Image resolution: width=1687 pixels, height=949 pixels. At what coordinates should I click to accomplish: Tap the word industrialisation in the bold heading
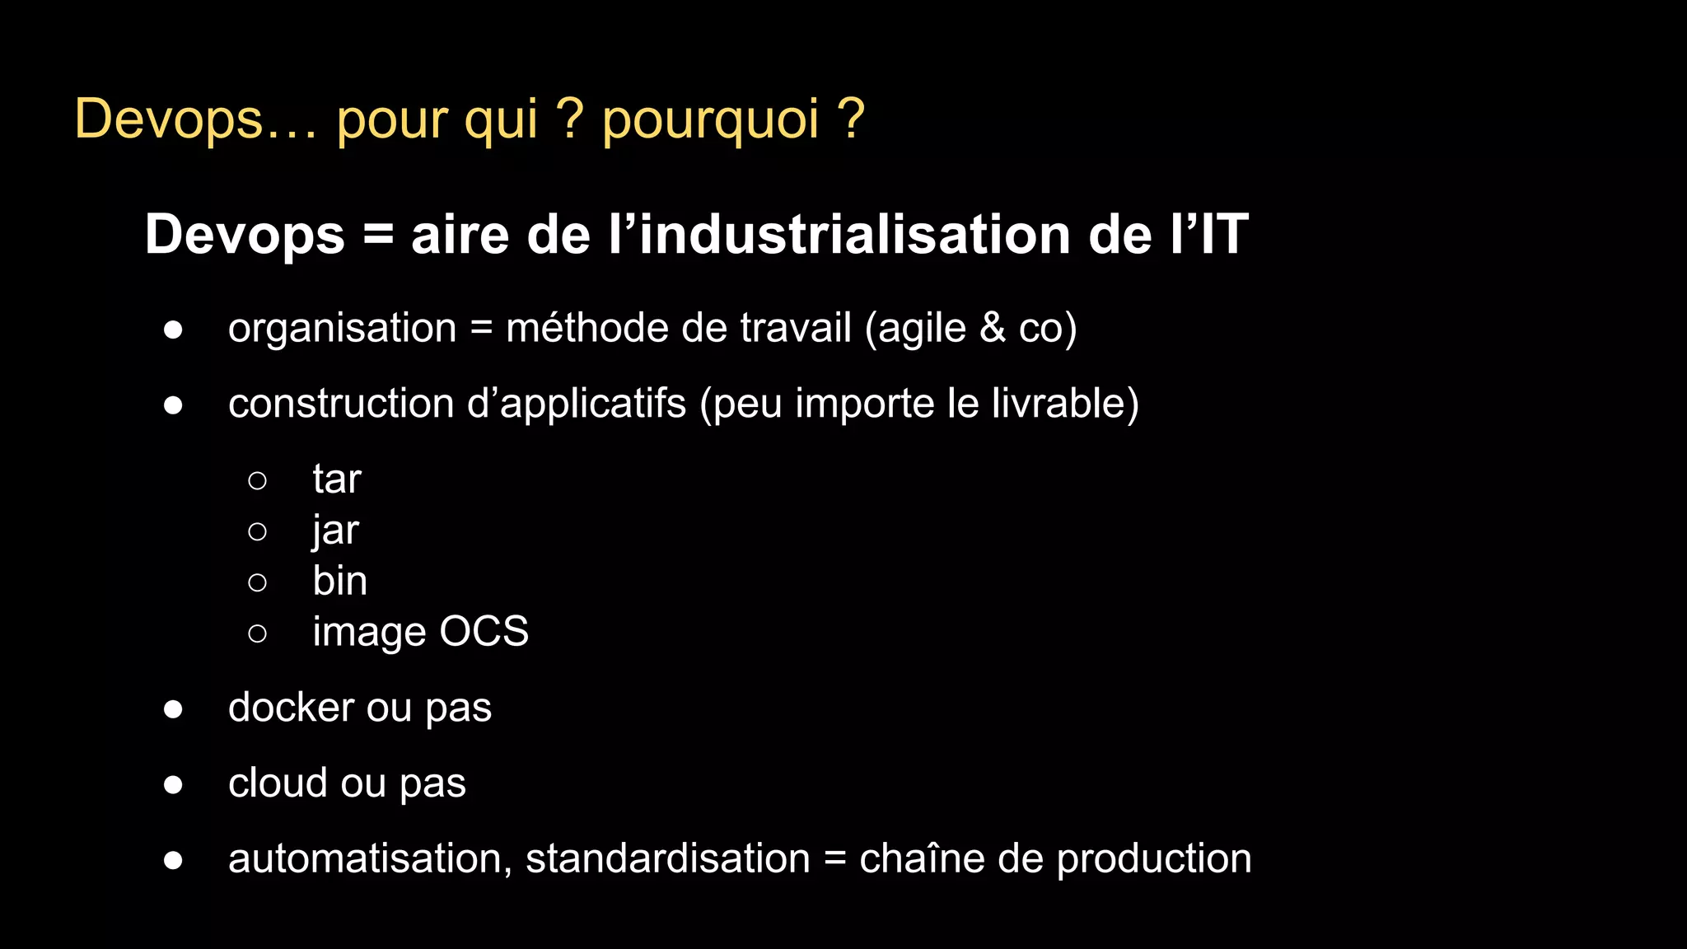[855, 235]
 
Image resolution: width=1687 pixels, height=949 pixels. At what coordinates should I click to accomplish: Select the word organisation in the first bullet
[342, 329]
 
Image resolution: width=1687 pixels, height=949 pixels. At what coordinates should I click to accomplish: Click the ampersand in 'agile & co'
[993, 328]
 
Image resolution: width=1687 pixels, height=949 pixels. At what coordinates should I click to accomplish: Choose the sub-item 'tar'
[337, 479]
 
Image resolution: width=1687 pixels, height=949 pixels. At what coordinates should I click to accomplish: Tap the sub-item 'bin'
[339, 582]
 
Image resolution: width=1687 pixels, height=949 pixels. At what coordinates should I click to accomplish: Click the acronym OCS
[484, 632]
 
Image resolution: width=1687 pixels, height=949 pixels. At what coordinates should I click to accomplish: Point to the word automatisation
[365, 859]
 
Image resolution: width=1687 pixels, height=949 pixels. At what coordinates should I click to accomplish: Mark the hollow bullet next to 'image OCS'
[257, 633]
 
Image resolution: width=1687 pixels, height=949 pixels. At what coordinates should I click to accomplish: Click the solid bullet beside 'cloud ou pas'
[173, 784]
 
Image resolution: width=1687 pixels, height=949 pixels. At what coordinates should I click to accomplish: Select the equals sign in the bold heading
[378, 236]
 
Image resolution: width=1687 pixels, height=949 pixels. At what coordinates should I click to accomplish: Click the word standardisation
[667, 859]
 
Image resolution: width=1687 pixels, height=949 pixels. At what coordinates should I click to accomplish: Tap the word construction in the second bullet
[341, 404]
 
